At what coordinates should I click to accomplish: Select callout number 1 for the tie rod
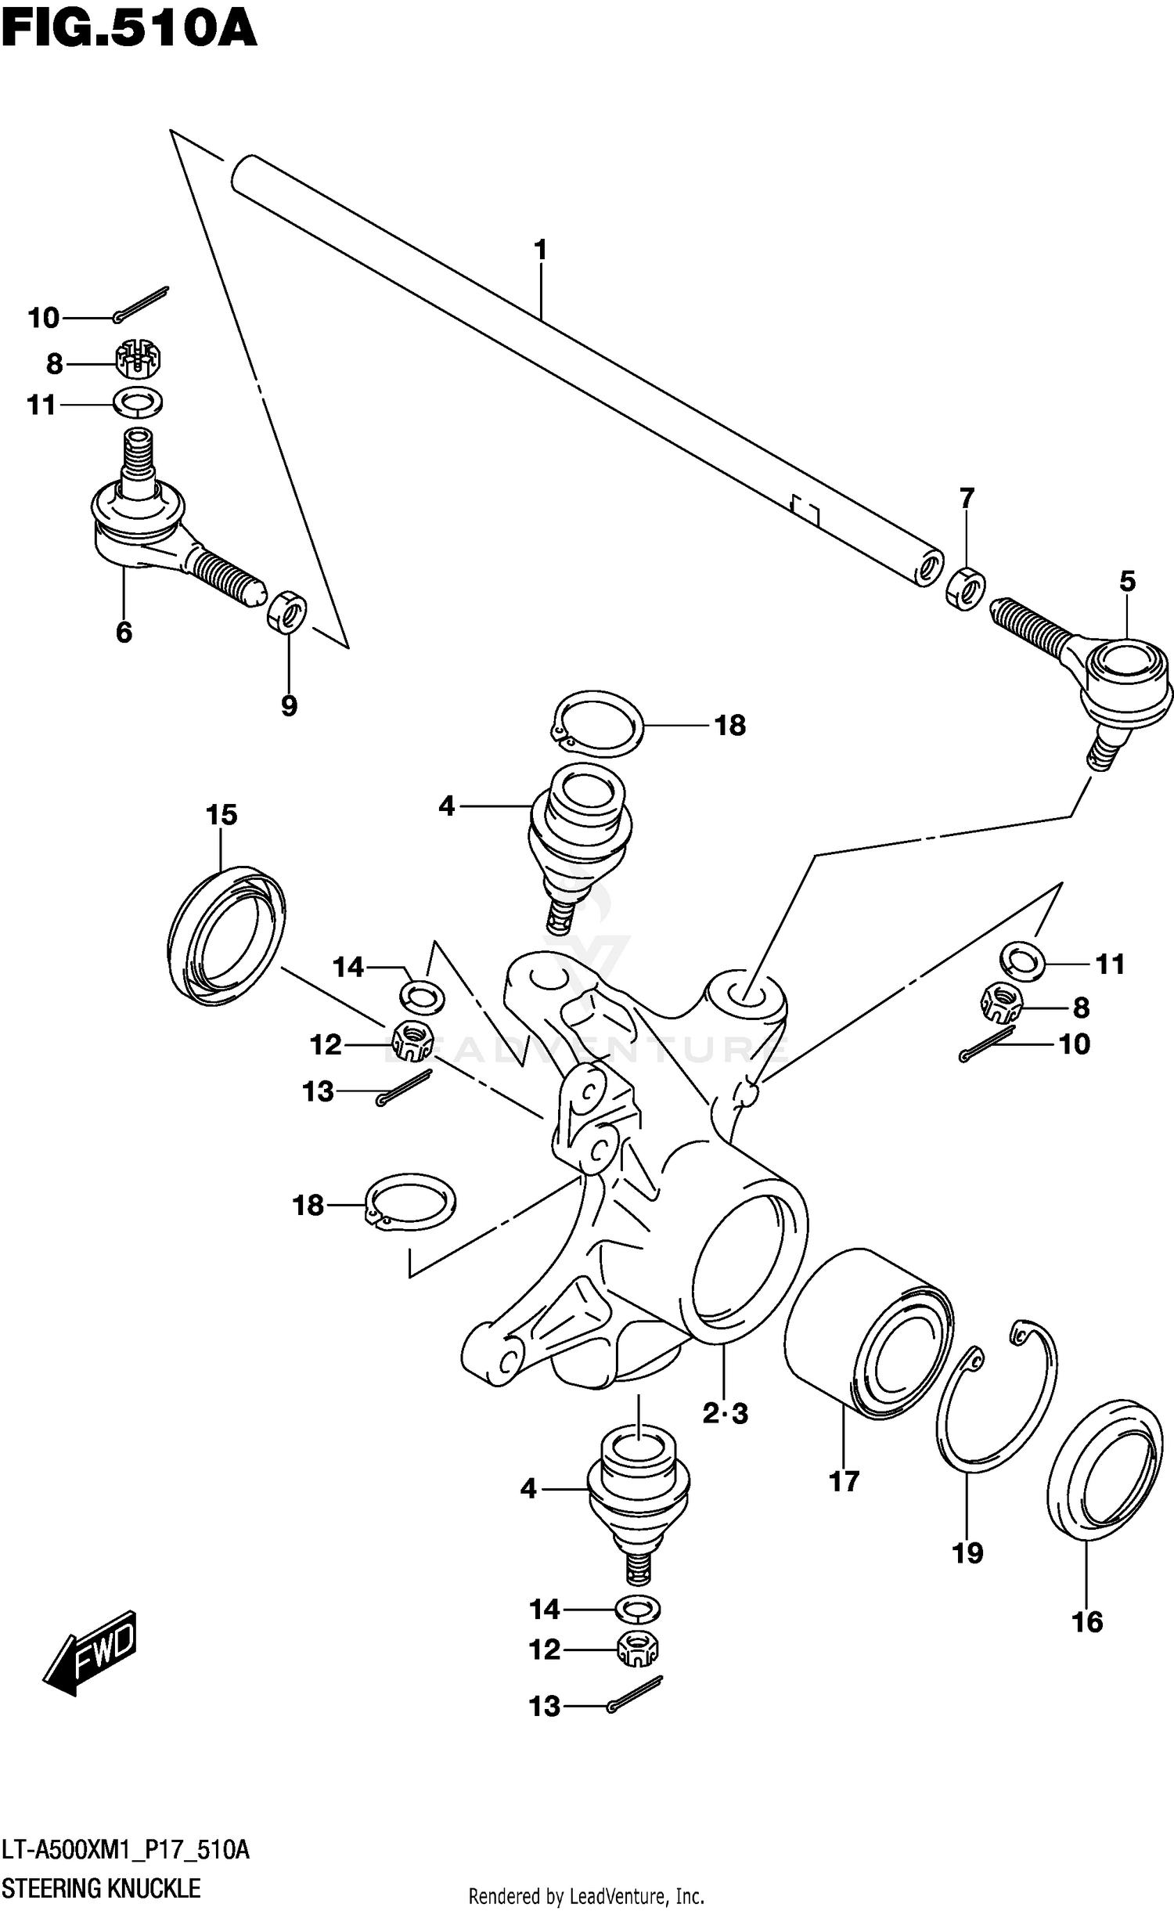(540, 251)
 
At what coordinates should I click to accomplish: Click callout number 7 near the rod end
(967, 498)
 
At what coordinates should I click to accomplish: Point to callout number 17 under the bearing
(844, 1481)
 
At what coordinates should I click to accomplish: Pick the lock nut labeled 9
(287, 611)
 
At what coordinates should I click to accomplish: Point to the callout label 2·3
(725, 1413)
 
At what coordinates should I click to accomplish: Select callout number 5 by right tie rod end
(1127, 581)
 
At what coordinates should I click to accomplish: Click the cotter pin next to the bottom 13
(636, 1696)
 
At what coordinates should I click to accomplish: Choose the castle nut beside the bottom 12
(638, 1649)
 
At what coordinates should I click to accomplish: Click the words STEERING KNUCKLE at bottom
(101, 1888)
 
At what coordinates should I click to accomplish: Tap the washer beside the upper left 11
(139, 403)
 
